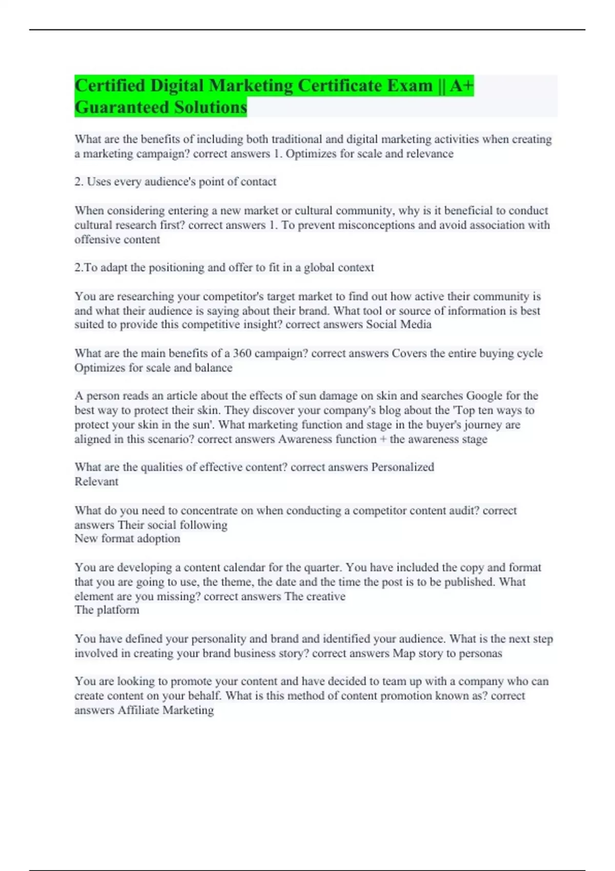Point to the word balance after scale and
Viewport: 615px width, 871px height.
(213, 367)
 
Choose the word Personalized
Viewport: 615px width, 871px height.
(402, 467)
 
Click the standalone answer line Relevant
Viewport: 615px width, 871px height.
(96, 481)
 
